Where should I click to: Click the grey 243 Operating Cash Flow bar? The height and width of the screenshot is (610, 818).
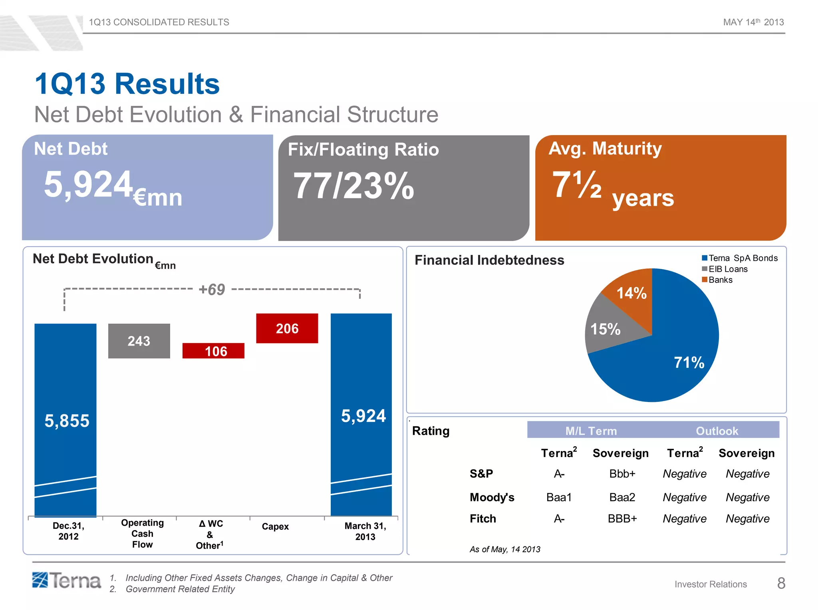tap(139, 341)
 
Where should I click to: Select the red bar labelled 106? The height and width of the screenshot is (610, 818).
tap(213, 351)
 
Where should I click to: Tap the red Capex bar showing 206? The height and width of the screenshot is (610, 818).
tap(287, 328)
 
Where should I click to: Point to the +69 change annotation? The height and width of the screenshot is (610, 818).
tap(212, 290)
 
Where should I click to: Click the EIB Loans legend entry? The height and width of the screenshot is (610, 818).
tap(727, 269)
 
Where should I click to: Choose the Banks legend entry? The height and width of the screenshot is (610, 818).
tap(720, 280)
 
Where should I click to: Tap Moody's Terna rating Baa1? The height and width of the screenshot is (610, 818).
tap(559, 497)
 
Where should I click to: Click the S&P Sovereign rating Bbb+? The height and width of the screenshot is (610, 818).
tap(622, 474)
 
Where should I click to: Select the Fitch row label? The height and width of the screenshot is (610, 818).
tap(482, 519)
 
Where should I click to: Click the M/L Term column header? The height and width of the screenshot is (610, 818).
tap(591, 431)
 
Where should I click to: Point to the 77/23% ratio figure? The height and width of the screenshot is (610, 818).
tap(353, 186)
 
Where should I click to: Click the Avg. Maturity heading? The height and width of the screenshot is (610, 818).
tap(605, 149)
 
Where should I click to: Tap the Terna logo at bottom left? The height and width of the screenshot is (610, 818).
tap(66, 580)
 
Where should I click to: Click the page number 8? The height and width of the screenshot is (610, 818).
tap(781, 583)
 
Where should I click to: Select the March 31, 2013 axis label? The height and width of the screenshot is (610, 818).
tap(365, 531)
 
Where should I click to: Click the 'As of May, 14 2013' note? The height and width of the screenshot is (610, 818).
tap(504, 549)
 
